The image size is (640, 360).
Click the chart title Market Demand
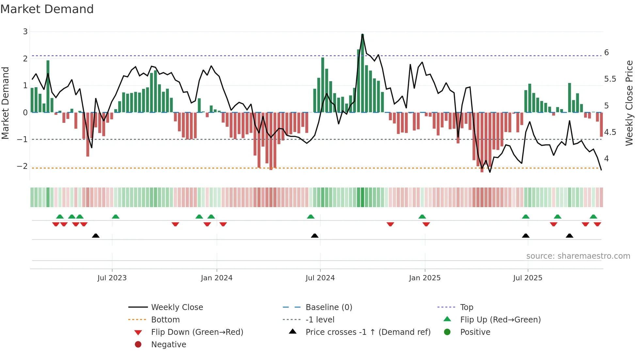pos(47,9)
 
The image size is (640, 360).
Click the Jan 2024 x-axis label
pos(216,278)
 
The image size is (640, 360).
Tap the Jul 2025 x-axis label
pos(527,278)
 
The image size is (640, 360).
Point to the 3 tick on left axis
pos(25,32)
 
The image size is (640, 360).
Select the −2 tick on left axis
pos(23,166)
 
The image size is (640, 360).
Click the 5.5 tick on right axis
pos(610,79)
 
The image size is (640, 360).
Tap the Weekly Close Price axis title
pos(629,103)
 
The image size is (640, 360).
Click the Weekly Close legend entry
pos(177,307)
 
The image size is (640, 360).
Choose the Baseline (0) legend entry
pos(328,307)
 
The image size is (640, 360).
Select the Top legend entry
pos(466,307)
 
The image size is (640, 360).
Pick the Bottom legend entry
pos(165,320)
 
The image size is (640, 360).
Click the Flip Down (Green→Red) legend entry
pos(197,332)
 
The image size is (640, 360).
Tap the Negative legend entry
pos(168,345)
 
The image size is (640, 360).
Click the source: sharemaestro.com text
pos(578,256)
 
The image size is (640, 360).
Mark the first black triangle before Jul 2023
pos(96,236)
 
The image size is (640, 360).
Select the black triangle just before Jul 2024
pos(314,236)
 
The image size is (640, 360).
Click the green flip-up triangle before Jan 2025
pos(422,217)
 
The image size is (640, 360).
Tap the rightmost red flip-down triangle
pos(597,224)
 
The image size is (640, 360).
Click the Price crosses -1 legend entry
pos(368,332)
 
